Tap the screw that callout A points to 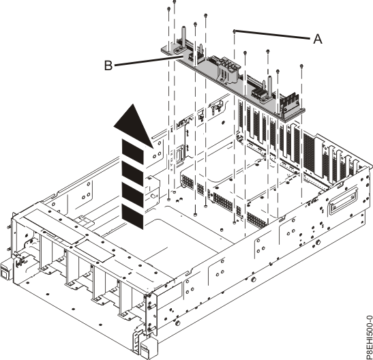235,31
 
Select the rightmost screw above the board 301,66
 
